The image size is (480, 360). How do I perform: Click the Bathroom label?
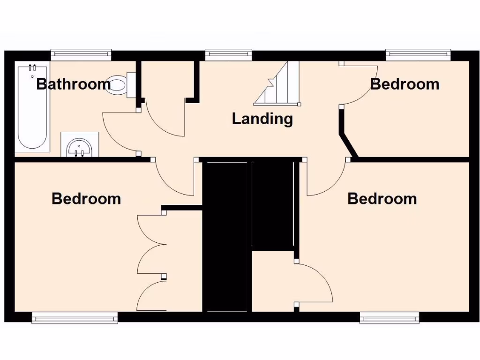pyautogui.click(x=74, y=84)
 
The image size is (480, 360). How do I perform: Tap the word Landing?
pyautogui.click(x=262, y=119)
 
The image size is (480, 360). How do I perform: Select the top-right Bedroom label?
pyautogui.click(x=405, y=84)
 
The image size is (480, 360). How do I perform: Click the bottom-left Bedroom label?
pyautogui.click(x=86, y=199)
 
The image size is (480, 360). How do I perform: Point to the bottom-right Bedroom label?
pyautogui.click(x=382, y=199)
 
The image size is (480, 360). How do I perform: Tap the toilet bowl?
pyautogui.click(x=118, y=84)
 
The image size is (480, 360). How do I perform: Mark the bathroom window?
pyautogui.click(x=81, y=55)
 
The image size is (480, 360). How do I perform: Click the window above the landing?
pyautogui.click(x=228, y=55)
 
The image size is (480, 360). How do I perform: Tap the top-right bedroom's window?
pyautogui.click(x=418, y=55)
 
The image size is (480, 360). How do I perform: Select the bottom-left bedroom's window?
pyautogui.click(x=75, y=318)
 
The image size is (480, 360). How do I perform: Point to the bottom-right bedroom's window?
pyautogui.click(x=389, y=318)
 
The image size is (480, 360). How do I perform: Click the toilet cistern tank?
pyautogui.click(x=131, y=85)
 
